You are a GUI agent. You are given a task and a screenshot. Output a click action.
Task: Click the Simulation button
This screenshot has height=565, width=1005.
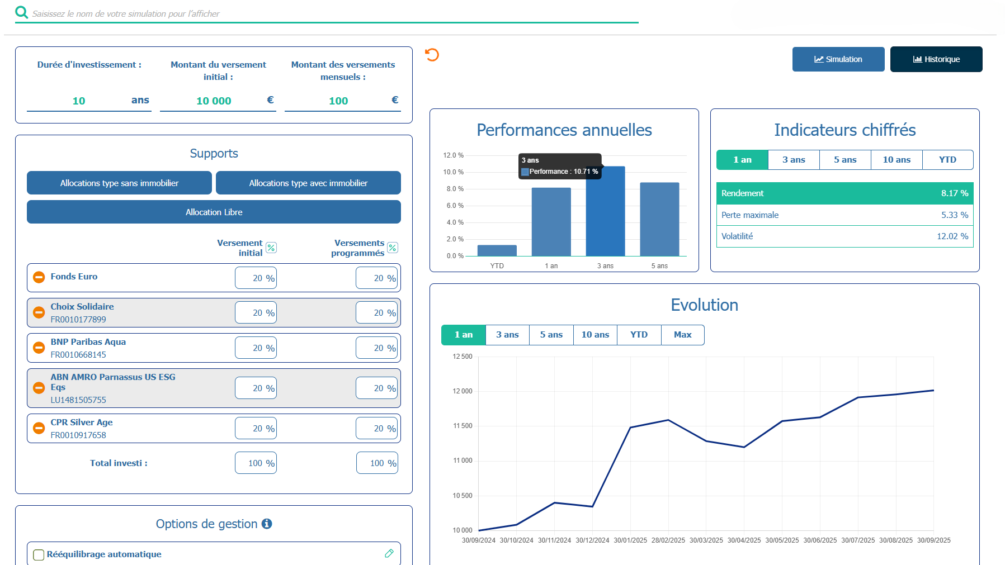click(x=838, y=59)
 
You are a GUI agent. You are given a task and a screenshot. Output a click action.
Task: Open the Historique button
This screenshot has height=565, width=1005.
click(x=936, y=59)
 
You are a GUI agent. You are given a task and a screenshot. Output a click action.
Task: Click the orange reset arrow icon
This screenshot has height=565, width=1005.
click(x=432, y=55)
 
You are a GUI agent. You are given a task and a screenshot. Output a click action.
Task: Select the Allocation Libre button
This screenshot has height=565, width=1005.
click(x=214, y=212)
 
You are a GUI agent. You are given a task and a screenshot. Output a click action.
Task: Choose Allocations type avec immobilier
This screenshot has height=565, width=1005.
click(x=308, y=183)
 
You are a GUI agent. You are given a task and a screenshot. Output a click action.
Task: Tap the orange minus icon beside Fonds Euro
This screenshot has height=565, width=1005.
click(x=39, y=277)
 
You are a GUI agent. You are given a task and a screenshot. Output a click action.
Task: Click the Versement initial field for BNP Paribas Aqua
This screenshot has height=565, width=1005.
click(x=256, y=348)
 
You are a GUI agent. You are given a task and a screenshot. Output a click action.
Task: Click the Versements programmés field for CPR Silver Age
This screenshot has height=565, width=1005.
click(x=377, y=429)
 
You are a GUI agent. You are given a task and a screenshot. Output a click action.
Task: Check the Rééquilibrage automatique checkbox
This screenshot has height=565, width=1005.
click(x=39, y=554)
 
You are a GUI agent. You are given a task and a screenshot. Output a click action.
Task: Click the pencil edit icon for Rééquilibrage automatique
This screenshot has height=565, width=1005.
click(x=389, y=553)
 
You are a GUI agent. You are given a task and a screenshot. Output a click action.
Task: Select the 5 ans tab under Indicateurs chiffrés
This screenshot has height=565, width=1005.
click(x=844, y=160)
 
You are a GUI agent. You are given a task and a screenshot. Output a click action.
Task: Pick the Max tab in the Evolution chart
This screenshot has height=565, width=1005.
click(x=682, y=335)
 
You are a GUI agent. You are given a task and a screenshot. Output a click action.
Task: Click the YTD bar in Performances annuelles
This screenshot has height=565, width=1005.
click(x=497, y=250)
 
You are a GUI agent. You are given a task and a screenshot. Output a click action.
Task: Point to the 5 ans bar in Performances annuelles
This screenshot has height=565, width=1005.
click(x=659, y=219)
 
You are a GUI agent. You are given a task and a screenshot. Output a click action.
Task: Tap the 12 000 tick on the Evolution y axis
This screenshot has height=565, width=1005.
click(x=463, y=391)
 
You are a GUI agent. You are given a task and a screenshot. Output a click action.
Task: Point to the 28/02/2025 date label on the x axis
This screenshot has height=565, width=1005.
click(x=668, y=540)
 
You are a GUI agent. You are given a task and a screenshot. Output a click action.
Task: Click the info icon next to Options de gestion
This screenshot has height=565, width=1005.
click(x=267, y=524)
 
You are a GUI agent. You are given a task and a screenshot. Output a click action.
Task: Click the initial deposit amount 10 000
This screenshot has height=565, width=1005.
click(x=214, y=101)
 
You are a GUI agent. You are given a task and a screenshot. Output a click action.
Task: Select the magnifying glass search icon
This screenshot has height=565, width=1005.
click(x=22, y=12)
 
